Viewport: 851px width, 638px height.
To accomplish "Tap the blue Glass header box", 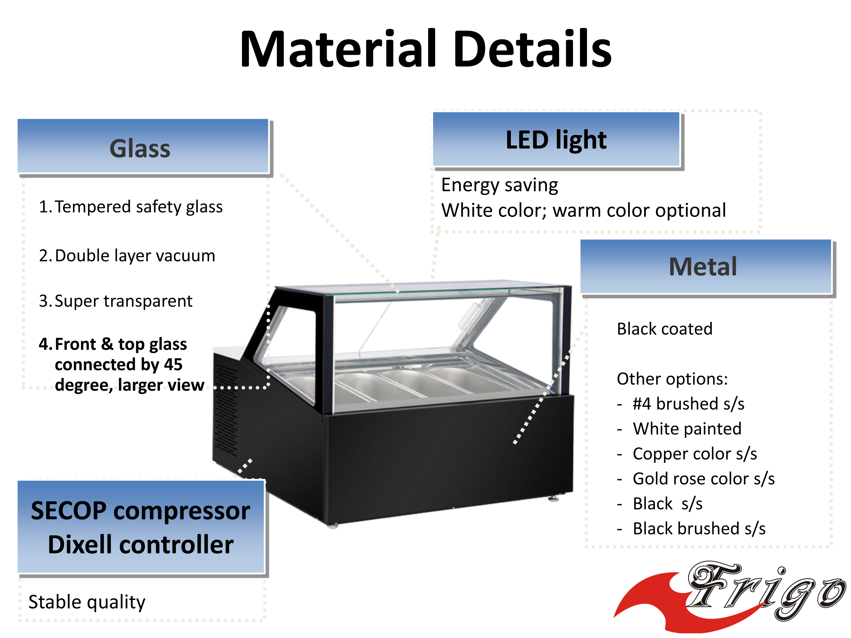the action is [143, 146].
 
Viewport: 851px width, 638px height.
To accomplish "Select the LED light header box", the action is [556, 139].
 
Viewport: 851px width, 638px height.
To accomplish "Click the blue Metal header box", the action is [705, 266].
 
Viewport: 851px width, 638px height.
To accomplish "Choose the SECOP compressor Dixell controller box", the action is [141, 527].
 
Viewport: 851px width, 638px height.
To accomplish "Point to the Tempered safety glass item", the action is [131, 207].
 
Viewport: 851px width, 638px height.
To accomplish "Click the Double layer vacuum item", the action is [127, 256].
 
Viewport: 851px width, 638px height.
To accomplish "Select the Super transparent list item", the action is [115, 301].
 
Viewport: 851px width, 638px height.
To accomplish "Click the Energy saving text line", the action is [499, 185].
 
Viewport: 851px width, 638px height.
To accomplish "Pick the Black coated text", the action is [664, 329].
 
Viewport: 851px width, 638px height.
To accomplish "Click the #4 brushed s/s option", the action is [688, 404].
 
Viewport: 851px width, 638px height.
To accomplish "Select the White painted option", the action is [687, 428].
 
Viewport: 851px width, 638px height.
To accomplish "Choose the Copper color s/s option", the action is [695, 454].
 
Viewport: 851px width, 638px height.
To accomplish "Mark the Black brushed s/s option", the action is [699, 528].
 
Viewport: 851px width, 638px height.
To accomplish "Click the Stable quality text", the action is [87, 602].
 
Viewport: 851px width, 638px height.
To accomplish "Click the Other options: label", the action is [672, 379].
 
